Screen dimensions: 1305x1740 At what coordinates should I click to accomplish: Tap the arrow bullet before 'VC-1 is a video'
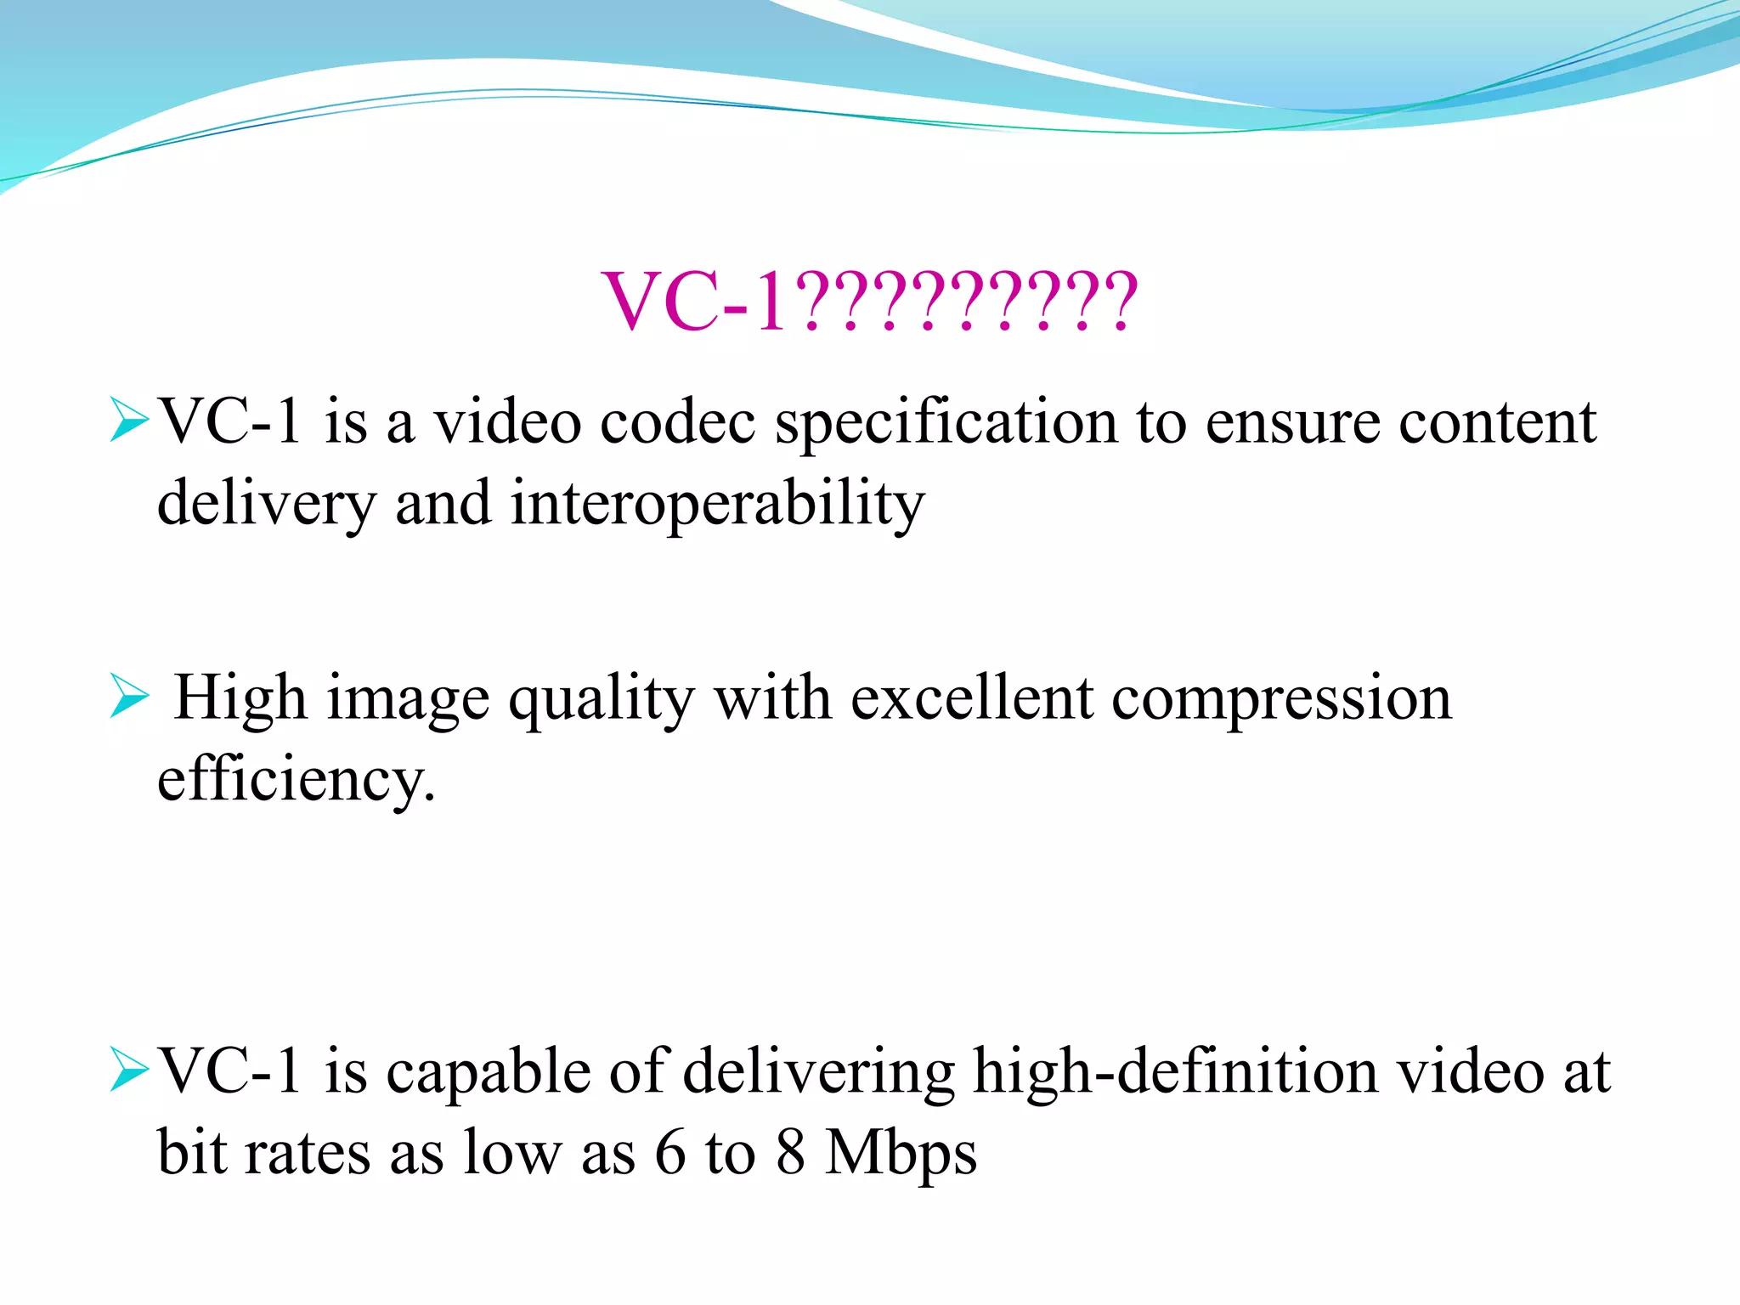click(129, 422)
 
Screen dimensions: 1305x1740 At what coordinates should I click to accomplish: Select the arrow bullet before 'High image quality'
click(129, 698)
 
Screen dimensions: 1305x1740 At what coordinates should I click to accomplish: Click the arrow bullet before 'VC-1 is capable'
click(129, 1072)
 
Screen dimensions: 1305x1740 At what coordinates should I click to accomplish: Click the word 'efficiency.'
click(296, 780)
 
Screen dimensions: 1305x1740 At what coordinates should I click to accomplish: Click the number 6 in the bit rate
click(670, 1153)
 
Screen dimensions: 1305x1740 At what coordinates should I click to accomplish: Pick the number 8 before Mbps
click(790, 1153)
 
